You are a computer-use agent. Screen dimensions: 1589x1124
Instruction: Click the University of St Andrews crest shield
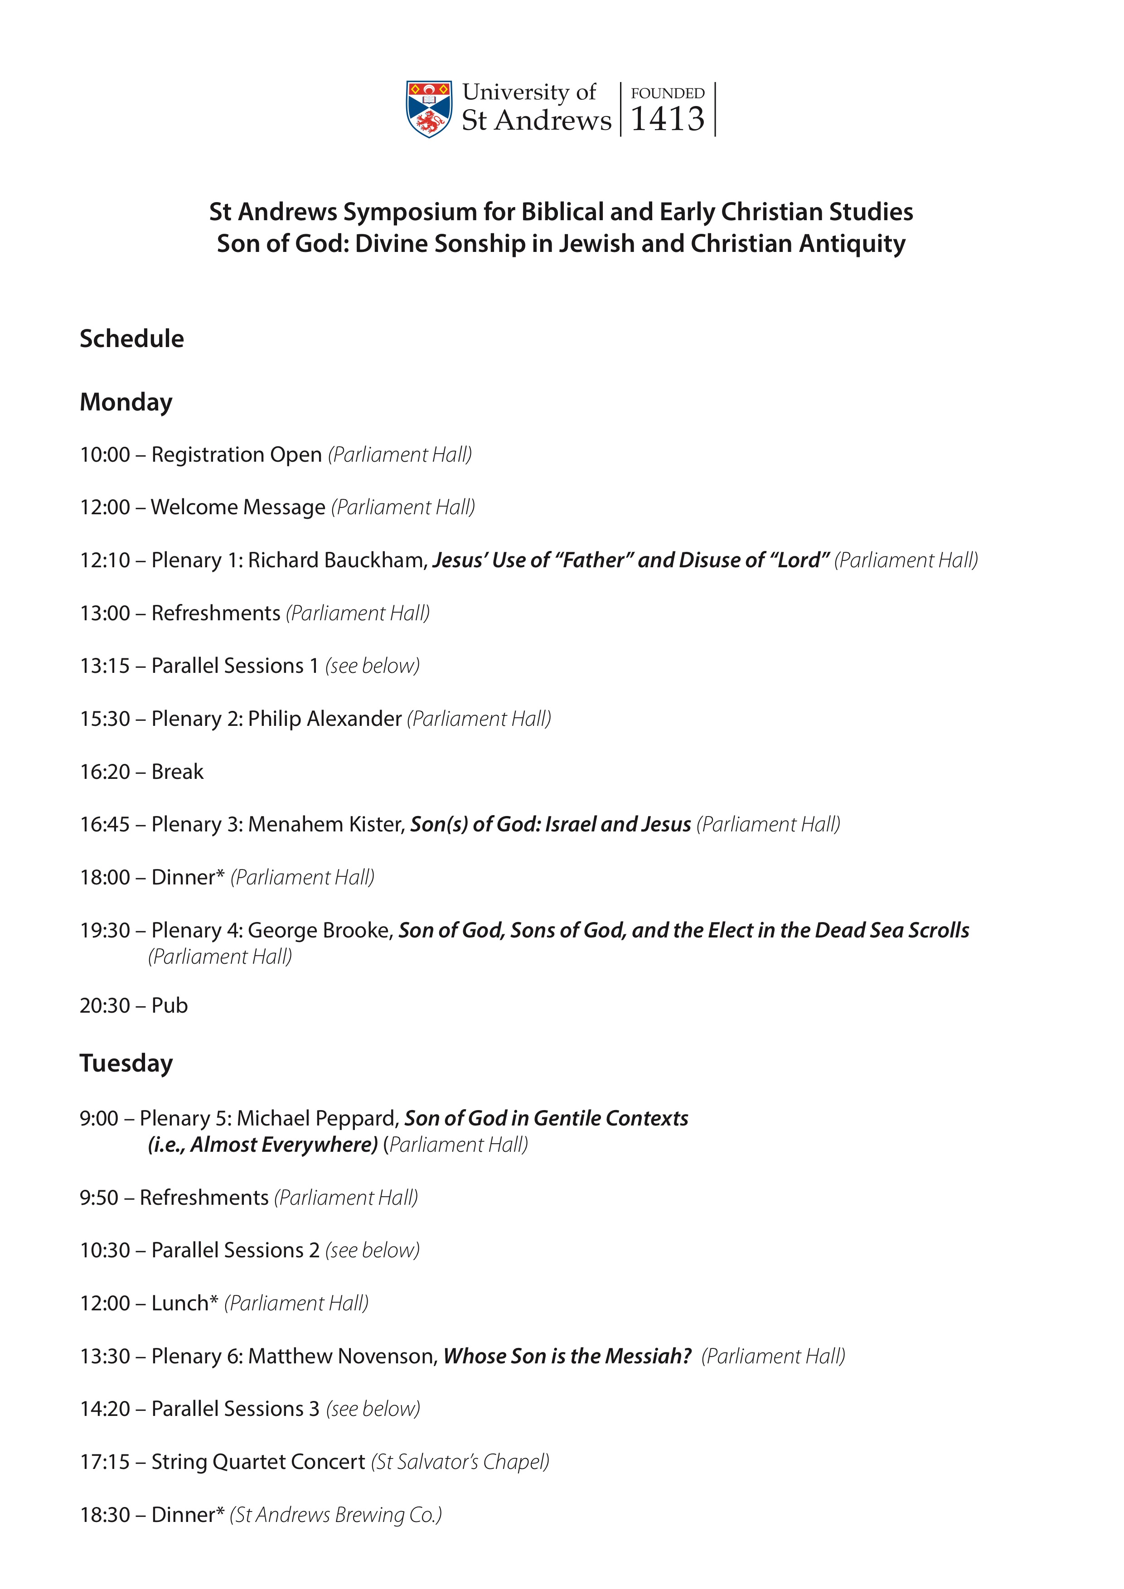click(429, 109)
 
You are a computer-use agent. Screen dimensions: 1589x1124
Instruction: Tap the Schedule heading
click(131, 338)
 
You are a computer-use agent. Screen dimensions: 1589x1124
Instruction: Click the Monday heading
click(126, 402)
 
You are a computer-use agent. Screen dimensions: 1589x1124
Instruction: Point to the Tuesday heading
click(126, 1063)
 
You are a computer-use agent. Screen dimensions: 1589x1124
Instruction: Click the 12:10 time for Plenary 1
click(105, 560)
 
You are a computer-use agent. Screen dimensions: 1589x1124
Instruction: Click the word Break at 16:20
click(177, 772)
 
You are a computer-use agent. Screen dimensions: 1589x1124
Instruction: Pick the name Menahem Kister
click(325, 824)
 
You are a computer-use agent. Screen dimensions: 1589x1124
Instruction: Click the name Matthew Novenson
click(343, 1356)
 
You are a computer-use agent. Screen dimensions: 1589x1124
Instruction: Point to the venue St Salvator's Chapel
click(460, 1462)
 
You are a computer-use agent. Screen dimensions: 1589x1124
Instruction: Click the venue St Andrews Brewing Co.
click(336, 1515)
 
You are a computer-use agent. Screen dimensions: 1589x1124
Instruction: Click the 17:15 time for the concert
click(105, 1462)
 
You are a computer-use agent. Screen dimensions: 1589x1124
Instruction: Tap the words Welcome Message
click(238, 507)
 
